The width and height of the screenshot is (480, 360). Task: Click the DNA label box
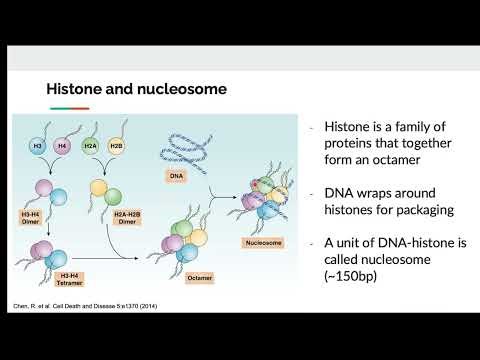pyautogui.click(x=179, y=175)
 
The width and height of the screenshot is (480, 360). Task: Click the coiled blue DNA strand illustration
pyautogui.click(x=183, y=151)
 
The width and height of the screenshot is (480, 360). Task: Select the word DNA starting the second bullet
pyautogui.click(x=343, y=192)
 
